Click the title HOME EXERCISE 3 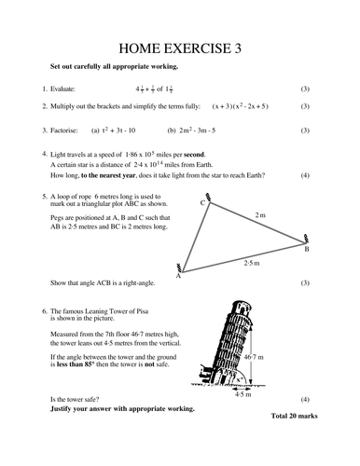pyautogui.click(x=179, y=49)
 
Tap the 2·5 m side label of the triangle pyautogui.click(x=252, y=265)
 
